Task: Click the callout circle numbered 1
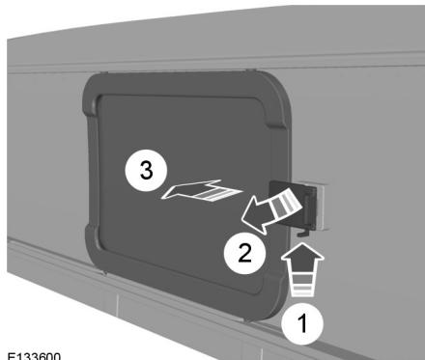[x=302, y=323]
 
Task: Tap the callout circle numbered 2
[x=244, y=253]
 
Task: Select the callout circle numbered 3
[x=146, y=171]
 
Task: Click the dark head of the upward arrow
[x=302, y=255]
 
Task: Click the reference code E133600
[x=34, y=356]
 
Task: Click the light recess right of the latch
[x=323, y=207]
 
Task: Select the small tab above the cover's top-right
[x=249, y=70]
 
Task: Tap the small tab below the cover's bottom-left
[x=104, y=273]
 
